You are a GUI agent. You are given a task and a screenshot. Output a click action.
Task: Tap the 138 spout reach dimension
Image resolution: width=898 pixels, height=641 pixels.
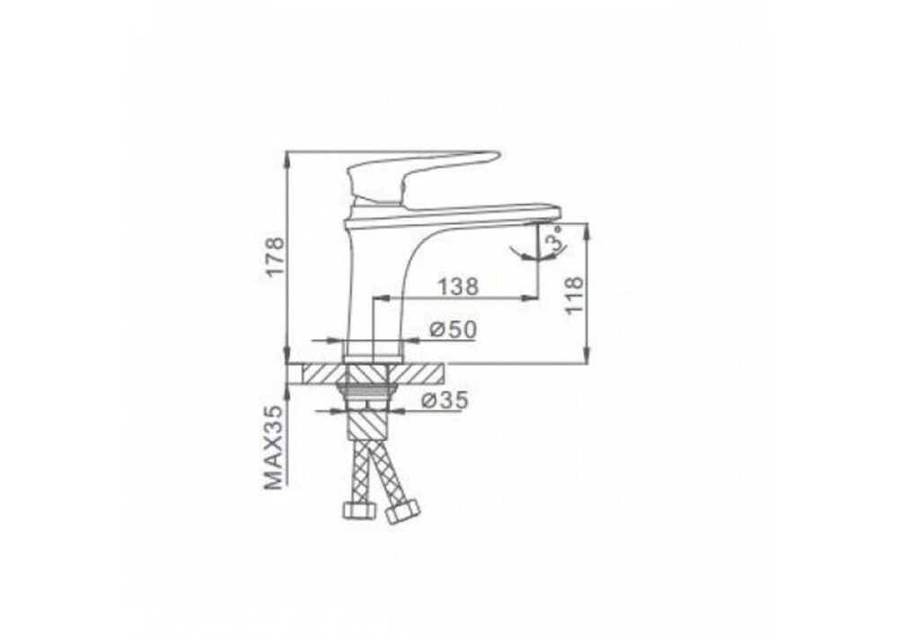458,286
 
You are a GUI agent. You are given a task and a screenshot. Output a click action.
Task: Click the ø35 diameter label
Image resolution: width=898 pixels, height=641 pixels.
445,400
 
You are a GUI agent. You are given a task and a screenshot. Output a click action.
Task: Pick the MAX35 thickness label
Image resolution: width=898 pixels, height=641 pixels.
275,448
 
